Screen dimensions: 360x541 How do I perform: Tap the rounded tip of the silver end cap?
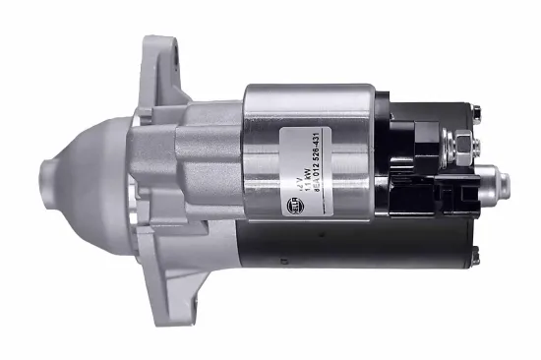pyautogui.click(x=505, y=182)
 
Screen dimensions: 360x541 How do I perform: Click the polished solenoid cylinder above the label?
pyautogui.click(x=315, y=103)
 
